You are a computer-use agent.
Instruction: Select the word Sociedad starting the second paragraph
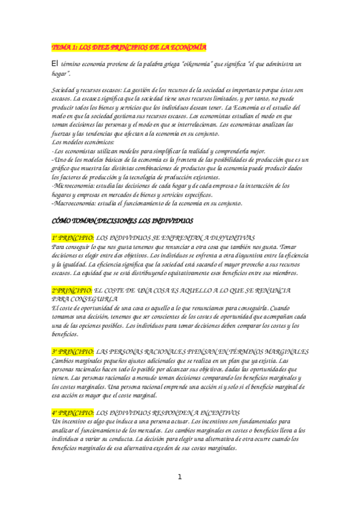point(65,90)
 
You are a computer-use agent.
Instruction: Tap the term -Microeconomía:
point(75,186)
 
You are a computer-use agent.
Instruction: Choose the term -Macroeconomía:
point(76,203)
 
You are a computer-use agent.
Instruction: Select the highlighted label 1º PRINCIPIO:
point(73,238)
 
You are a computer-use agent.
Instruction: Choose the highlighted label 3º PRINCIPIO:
point(73,351)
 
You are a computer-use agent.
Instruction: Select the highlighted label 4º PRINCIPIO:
point(73,413)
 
